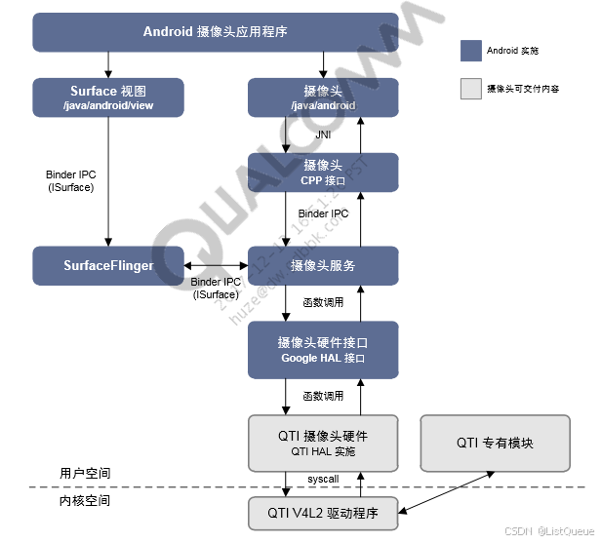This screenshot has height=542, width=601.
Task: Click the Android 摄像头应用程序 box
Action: point(216,31)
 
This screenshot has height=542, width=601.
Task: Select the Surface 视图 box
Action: point(108,97)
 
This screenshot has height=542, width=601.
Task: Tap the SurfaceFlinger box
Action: point(108,265)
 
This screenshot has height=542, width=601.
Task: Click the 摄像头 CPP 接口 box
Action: point(323,172)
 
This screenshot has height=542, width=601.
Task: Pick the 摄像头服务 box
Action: point(323,265)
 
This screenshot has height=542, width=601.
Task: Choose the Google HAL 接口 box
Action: point(323,350)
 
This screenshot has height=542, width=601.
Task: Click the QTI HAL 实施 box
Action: point(323,442)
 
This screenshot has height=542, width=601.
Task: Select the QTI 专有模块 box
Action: point(495,442)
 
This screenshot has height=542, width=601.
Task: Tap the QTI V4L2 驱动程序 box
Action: point(323,513)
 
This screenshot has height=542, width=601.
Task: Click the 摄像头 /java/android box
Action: point(323,97)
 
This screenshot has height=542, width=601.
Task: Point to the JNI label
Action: point(323,135)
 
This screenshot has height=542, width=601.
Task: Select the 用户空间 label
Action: point(85,474)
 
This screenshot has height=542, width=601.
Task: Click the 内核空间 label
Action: point(85,500)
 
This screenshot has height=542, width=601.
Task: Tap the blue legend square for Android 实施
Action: point(470,50)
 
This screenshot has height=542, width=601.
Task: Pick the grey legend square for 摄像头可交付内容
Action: point(470,89)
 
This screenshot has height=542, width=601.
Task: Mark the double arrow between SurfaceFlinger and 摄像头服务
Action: point(215,265)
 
